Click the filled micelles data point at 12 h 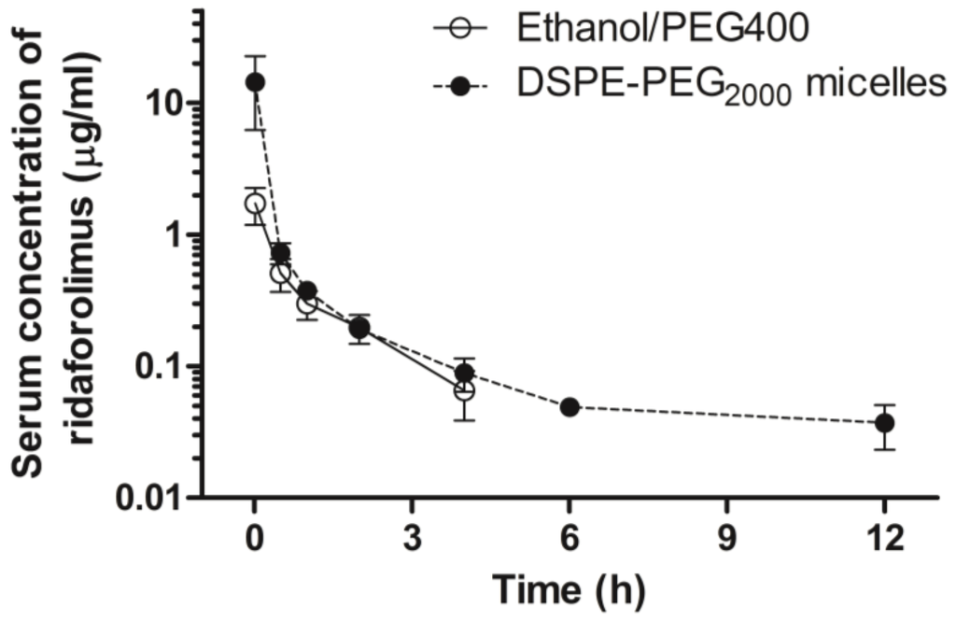point(884,423)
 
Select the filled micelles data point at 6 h point(569,407)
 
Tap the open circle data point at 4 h point(464,390)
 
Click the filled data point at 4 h point(464,374)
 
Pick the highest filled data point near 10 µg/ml point(254,82)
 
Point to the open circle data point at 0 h point(254,204)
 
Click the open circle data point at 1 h point(307,303)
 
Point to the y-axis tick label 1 point(175,235)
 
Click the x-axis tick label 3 point(412,543)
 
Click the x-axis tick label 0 point(254,543)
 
